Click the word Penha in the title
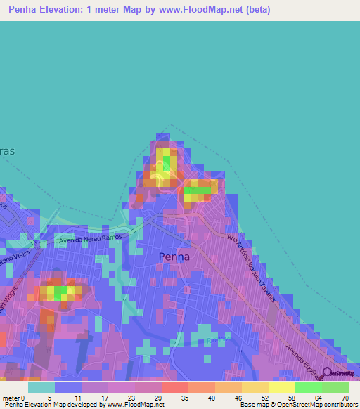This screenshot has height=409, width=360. [26, 10]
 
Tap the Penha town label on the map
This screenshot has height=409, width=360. [174, 257]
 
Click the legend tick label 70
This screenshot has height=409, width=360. [345, 397]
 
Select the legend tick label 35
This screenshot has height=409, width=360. [185, 397]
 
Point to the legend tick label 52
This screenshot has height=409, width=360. [265, 397]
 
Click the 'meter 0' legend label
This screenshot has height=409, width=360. [14, 397]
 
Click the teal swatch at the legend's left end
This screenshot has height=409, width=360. [41, 387]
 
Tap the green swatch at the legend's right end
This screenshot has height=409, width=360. [335, 387]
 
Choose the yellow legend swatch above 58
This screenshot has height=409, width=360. [282, 387]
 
